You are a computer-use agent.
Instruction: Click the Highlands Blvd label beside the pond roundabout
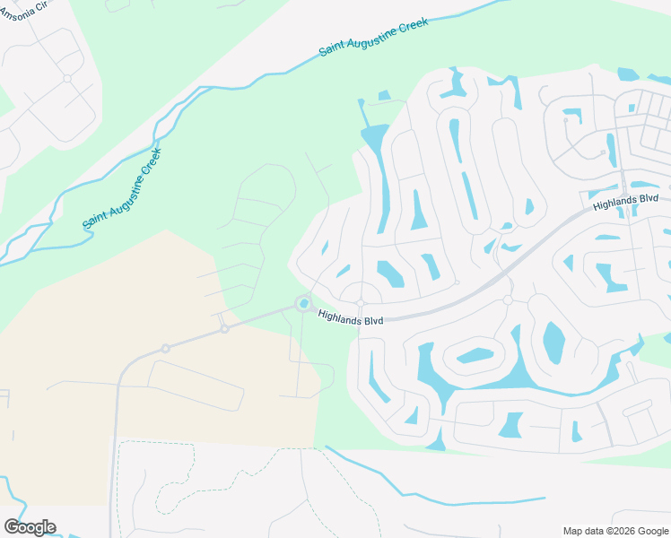point(351,317)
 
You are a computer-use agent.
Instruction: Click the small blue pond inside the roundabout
point(304,304)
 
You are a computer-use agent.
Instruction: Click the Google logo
point(30,527)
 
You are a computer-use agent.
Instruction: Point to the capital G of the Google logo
point(12,527)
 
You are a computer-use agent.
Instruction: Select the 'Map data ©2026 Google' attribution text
point(614,530)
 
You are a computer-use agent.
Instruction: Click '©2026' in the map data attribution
point(618,530)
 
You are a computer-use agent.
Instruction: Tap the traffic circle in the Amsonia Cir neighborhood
point(67,79)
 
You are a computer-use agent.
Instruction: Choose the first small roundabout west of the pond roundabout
point(224,329)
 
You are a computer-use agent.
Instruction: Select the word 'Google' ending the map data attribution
point(650,530)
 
